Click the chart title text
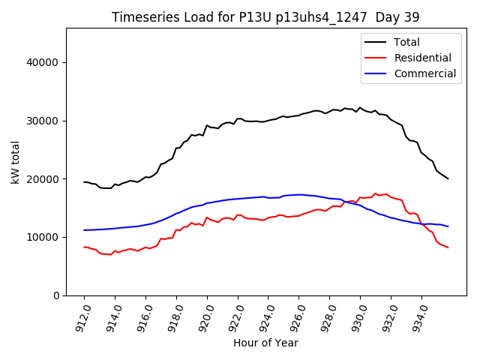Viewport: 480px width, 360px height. tap(265, 16)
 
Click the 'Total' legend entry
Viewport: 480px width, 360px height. tap(407, 42)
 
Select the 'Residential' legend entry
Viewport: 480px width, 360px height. tap(422, 58)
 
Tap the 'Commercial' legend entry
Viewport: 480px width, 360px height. tap(424, 73)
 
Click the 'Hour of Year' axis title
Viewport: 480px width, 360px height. tap(265, 343)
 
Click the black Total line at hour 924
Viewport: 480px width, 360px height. tap(268, 120)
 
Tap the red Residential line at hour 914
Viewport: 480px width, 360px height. tap(115, 251)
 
